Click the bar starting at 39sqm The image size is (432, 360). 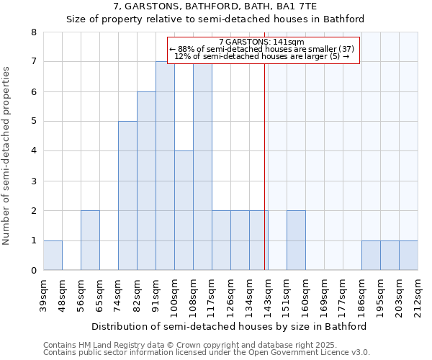(x=53, y=256)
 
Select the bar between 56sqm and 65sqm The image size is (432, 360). (x=90, y=240)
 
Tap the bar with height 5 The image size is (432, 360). (x=127, y=196)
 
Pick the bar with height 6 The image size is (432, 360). (x=146, y=181)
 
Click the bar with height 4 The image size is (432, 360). (x=184, y=210)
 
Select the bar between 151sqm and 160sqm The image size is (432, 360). (x=296, y=240)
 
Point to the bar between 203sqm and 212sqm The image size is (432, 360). (x=408, y=256)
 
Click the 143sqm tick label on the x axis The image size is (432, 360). (x=269, y=295)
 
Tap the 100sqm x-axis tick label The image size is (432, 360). (x=175, y=295)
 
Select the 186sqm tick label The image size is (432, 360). (x=362, y=295)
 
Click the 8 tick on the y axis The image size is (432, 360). (x=33, y=32)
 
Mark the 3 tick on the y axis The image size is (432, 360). (x=33, y=181)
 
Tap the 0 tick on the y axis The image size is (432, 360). (x=33, y=271)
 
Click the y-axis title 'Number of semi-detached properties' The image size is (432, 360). (x=6, y=156)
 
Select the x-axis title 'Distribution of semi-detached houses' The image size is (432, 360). (x=230, y=326)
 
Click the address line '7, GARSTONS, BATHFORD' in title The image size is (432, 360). (x=215, y=6)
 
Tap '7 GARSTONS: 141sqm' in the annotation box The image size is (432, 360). (x=262, y=42)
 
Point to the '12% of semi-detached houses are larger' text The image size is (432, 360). (x=262, y=56)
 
